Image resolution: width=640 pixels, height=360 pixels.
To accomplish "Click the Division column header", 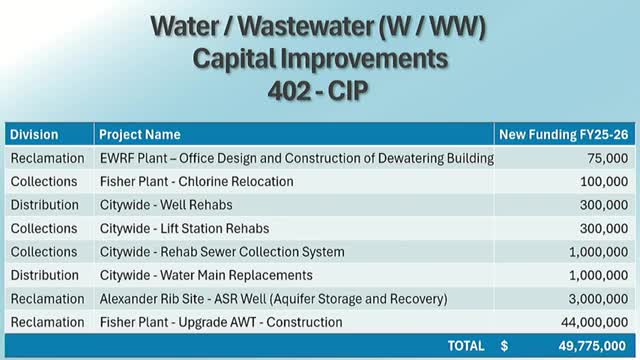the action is tap(34, 134).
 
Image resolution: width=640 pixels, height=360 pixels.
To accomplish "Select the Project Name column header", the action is tap(140, 134).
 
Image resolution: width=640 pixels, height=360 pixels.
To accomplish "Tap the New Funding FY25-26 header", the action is tap(564, 134).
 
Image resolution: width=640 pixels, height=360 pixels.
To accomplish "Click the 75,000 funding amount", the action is tap(608, 158).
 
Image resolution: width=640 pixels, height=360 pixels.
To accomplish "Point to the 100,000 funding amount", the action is tap(604, 181).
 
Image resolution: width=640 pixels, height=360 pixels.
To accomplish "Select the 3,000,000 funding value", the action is tap(598, 299).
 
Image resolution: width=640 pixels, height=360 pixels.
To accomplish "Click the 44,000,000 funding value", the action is tap(595, 322).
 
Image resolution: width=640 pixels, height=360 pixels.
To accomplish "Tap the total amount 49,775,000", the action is tap(592, 346).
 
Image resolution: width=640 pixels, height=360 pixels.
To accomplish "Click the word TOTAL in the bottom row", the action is tap(466, 346).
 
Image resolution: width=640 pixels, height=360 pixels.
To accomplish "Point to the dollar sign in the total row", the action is tap(504, 346).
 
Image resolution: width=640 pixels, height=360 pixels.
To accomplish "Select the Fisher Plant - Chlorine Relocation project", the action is tap(196, 181).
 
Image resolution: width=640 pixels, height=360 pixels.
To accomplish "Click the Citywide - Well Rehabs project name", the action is tap(166, 204).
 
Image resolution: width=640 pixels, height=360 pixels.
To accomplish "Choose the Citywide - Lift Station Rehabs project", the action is tap(184, 228).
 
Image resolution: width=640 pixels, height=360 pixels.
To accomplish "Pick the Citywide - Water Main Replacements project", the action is tap(206, 275).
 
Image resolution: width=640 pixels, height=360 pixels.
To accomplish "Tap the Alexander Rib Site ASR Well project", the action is tap(273, 299).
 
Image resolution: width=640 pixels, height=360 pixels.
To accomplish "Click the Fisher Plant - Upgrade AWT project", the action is tap(221, 322).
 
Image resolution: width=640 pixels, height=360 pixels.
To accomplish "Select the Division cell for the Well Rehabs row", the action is tap(44, 204).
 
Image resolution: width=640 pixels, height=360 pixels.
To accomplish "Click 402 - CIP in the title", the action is tap(318, 90).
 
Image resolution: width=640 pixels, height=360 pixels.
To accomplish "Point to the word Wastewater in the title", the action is tap(305, 26).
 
